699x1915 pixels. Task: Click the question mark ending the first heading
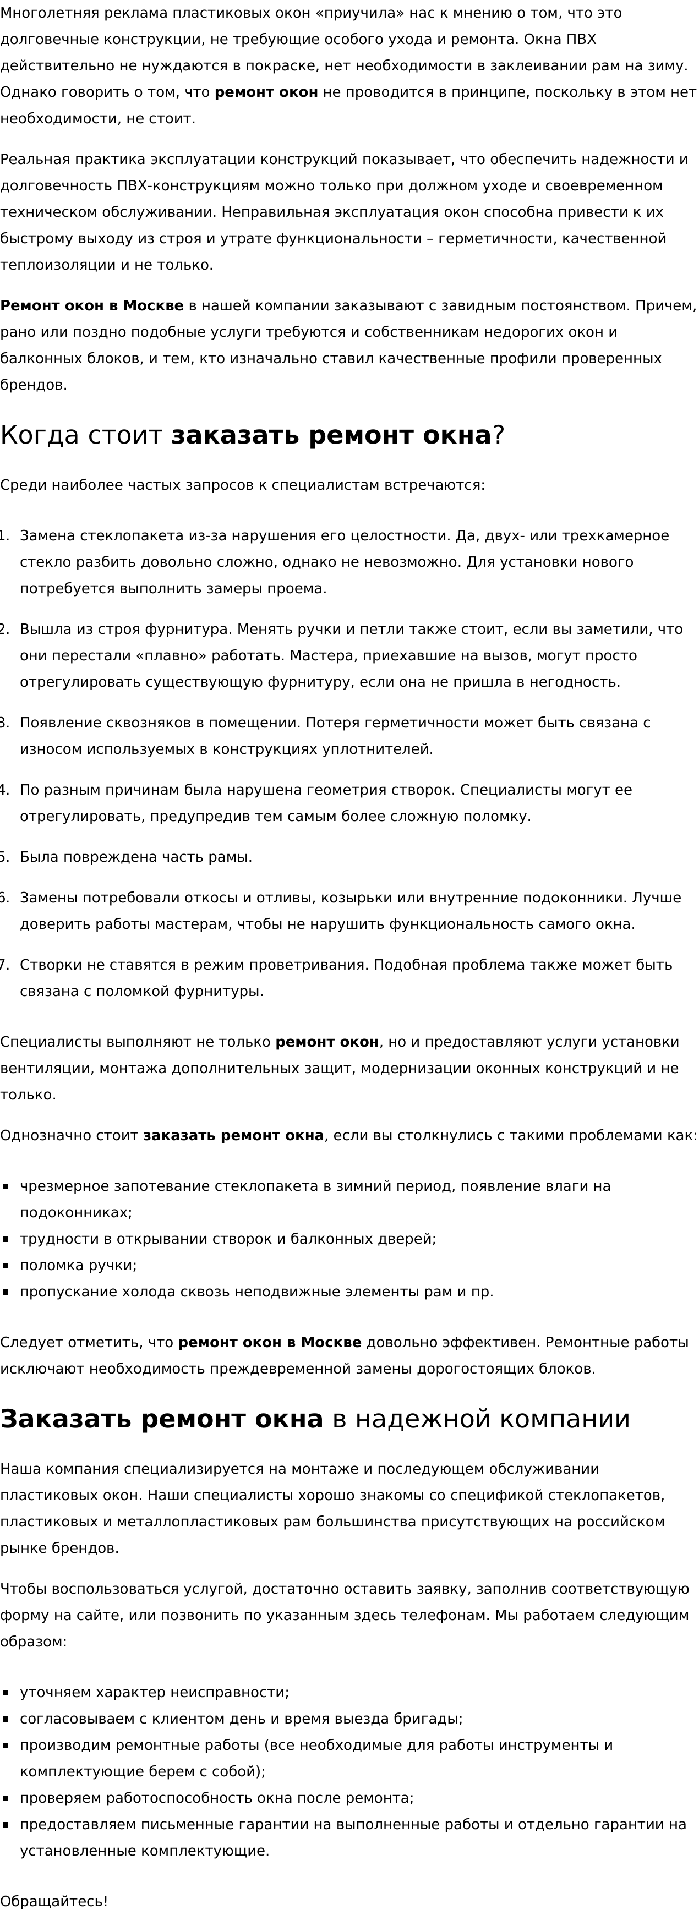click(498, 435)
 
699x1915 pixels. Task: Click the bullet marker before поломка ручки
click(6, 1265)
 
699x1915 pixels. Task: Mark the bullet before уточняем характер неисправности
click(6, 1693)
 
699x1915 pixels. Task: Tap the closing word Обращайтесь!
click(53, 1901)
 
